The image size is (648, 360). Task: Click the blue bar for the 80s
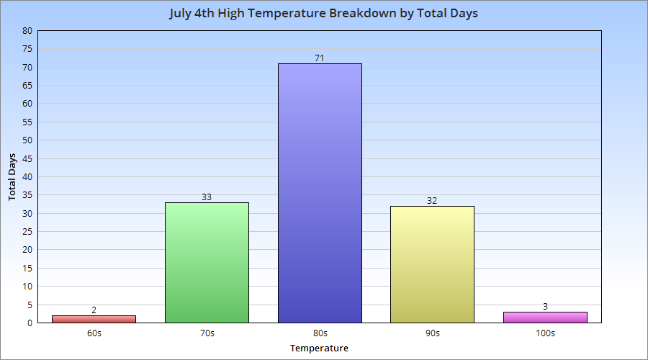[x=320, y=193]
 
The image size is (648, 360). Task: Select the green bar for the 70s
[x=207, y=262]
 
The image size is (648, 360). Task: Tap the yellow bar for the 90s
[x=432, y=264]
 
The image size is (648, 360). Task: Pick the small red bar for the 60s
[x=94, y=319]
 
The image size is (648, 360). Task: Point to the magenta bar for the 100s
[x=545, y=317]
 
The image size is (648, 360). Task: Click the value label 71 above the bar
[x=320, y=58]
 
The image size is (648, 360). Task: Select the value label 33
[x=207, y=197]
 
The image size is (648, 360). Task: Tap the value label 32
[x=432, y=200]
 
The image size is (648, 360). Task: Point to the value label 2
[x=94, y=310]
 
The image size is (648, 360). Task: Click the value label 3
[x=545, y=306]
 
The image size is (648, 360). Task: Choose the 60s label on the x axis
[x=94, y=333]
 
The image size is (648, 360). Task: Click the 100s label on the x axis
[x=545, y=333]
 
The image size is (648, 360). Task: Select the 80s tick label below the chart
[x=320, y=333]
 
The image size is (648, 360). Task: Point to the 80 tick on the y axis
[x=27, y=31]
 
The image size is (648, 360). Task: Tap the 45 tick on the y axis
[x=27, y=158]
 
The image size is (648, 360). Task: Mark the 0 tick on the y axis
[x=30, y=323]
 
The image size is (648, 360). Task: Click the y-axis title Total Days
[x=12, y=176]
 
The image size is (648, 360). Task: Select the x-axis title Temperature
[x=319, y=348]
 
